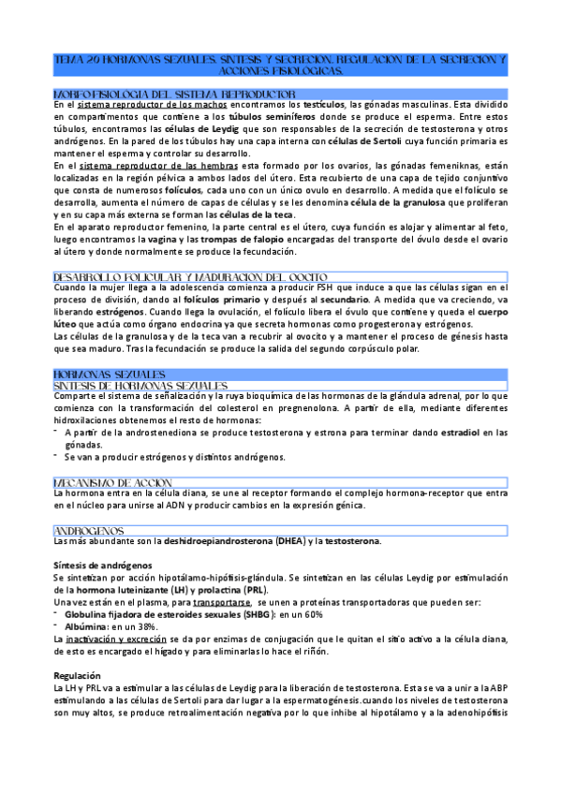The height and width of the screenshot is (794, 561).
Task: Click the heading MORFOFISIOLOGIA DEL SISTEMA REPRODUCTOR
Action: (175, 95)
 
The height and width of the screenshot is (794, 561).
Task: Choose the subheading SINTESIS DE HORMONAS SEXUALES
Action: (140, 385)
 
